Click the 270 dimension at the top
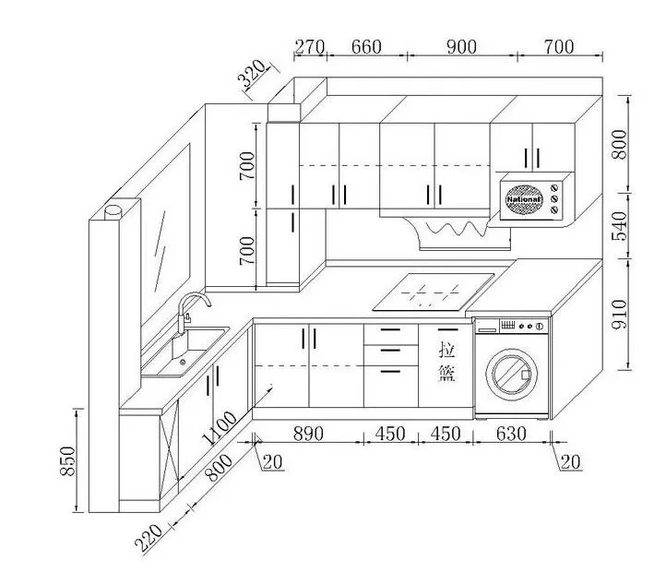(x=309, y=47)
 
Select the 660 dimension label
(x=366, y=47)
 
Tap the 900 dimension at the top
(x=461, y=47)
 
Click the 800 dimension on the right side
(x=620, y=143)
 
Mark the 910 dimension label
(x=620, y=314)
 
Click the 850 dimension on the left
(x=67, y=459)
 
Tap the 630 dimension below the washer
(x=511, y=433)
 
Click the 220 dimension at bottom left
(x=151, y=537)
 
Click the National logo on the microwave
(x=522, y=198)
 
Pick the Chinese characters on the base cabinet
(x=447, y=362)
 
